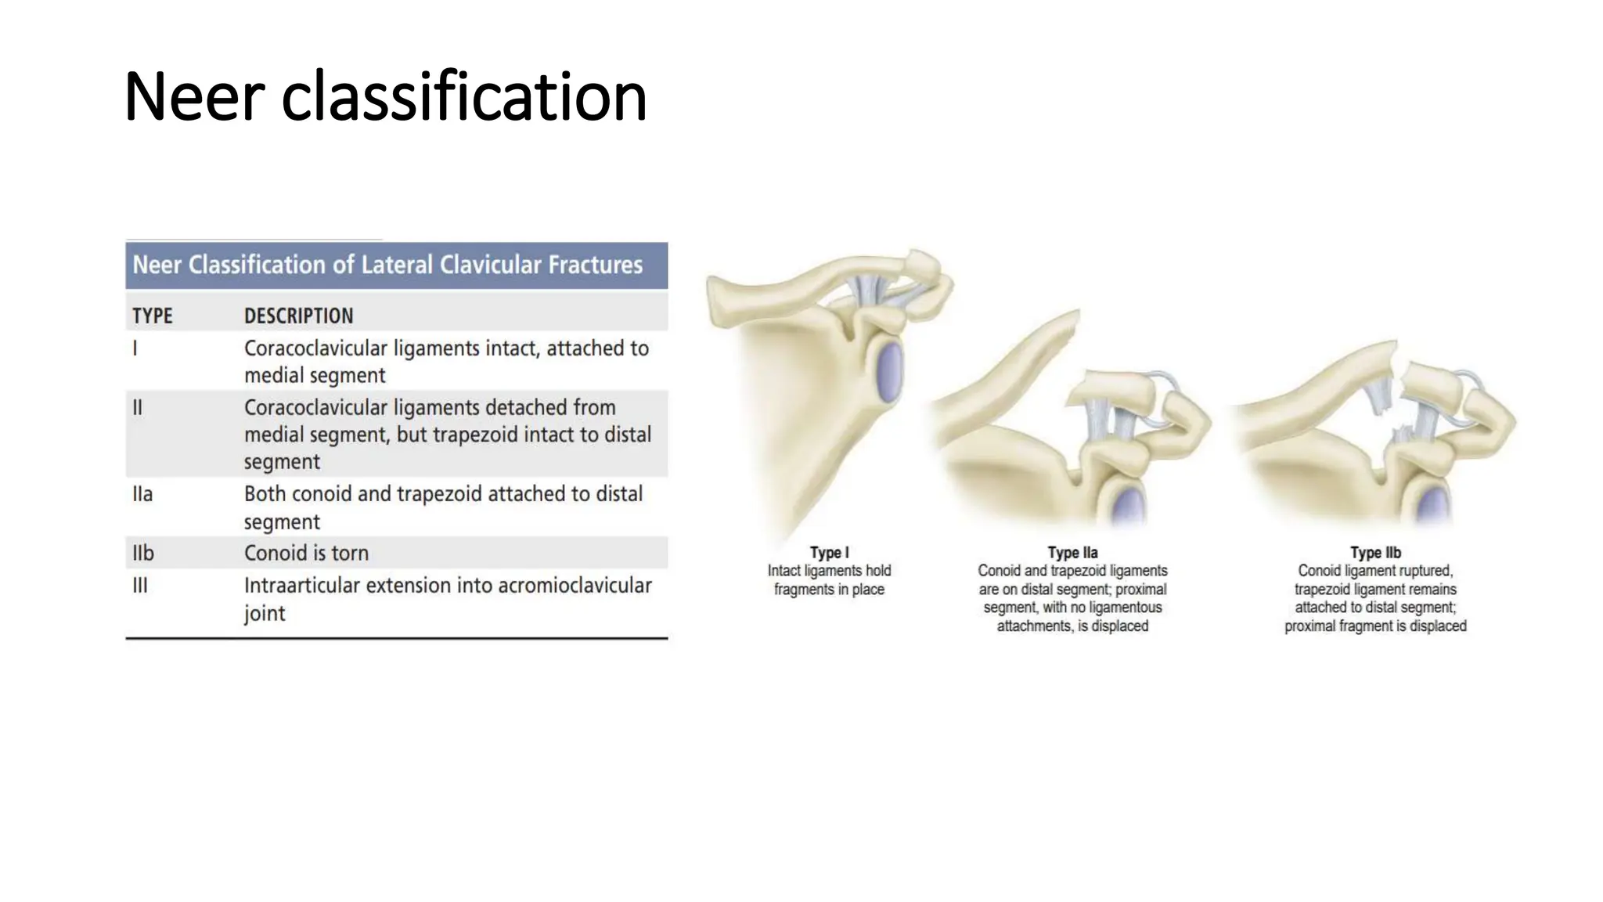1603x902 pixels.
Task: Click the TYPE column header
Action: coord(153,316)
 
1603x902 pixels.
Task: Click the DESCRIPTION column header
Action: coord(298,316)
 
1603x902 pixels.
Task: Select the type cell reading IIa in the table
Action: coord(142,494)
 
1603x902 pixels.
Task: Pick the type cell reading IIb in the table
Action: coord(143,553)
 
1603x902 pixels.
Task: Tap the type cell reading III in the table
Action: coord(140,585)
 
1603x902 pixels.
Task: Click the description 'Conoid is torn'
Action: coord(306,553)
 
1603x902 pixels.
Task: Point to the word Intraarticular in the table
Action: coord(301,585)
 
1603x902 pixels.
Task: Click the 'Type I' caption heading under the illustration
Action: coord(829,552)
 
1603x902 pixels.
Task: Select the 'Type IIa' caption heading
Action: coord(1072,552)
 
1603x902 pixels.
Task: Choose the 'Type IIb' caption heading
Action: coord(1375,552)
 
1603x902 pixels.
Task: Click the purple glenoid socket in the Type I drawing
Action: coord(889,371)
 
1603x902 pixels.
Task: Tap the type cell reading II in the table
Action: coord(138,407)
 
